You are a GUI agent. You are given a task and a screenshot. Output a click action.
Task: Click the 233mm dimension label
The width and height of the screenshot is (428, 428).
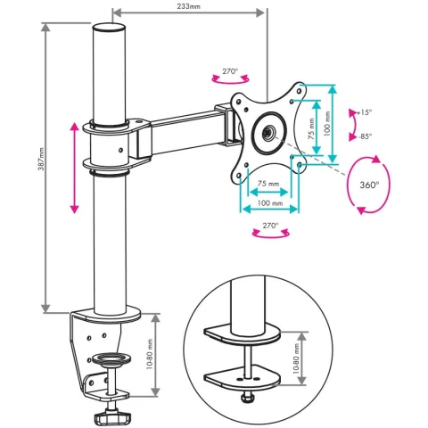coord(188,6)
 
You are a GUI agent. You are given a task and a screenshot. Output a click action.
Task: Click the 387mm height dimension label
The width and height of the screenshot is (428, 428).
coord(41,159)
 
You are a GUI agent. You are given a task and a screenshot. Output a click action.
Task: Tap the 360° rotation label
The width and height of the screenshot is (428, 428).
coord(369,185)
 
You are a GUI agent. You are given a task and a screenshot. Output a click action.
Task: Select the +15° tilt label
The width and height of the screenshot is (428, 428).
coord(366,112)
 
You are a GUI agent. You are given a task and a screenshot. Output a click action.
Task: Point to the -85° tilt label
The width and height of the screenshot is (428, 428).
coord(366,136)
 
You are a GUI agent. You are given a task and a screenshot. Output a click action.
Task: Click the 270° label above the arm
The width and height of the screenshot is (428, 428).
coord(230,71)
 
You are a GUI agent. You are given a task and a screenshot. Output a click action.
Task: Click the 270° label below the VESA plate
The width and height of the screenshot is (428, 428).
coord(270,226)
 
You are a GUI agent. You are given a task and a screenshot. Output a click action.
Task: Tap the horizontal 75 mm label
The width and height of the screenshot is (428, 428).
coord(268,184)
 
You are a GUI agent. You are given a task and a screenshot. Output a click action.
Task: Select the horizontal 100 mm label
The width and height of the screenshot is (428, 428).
coord(270,203)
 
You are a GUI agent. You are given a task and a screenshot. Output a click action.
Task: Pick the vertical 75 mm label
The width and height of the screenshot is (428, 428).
coord(311,129)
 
